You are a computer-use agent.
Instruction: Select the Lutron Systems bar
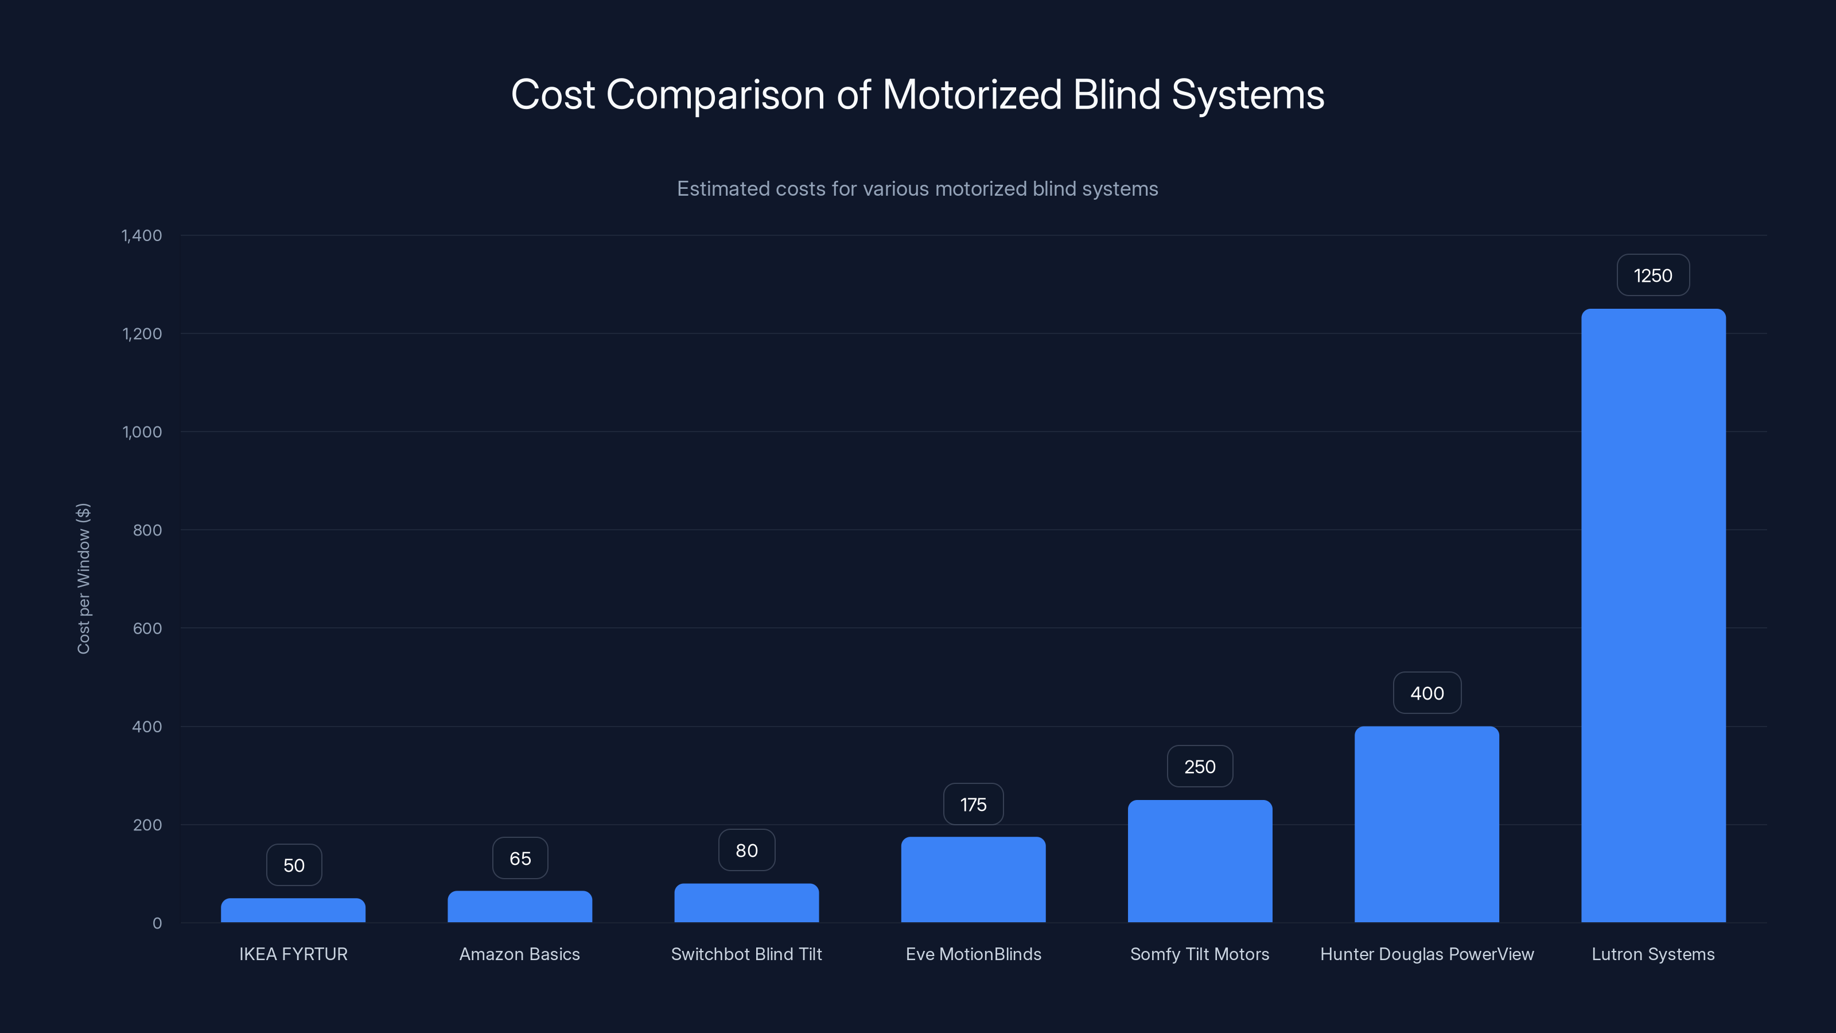[1653, 615]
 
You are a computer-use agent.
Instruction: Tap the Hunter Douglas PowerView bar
[1426, 824]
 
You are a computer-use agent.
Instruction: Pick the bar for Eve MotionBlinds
[973, 880]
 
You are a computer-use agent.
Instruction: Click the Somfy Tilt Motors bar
[1200, 861]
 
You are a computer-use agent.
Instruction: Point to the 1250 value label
[1653, 276]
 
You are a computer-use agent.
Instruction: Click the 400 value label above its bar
[1427, 693]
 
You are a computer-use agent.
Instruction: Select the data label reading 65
[520, 859]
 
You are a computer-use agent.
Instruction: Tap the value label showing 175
[973, 805]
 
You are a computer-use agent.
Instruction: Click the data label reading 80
[746, 851]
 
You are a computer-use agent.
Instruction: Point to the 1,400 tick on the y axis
[142, 236]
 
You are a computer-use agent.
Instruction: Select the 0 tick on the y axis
[157, 923]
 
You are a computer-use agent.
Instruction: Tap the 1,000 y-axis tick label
[142, 432]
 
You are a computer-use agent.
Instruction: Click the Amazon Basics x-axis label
[520, 954]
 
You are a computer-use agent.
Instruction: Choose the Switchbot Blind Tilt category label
[746, 954]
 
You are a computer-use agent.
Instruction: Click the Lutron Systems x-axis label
[1653, 954]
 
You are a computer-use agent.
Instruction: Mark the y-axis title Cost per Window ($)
[83, 578]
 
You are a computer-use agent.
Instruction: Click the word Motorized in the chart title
[971, 95]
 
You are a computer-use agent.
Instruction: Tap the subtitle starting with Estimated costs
[917, 189]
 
